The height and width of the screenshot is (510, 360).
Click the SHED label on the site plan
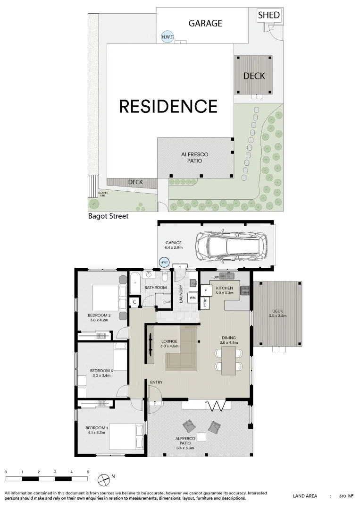[269, 16]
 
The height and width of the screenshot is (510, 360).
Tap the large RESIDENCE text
[168, 106]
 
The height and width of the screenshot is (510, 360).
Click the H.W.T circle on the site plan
[167, 37]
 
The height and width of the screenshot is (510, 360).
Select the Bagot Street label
[108, 217]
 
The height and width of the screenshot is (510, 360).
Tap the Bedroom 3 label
[101, 370]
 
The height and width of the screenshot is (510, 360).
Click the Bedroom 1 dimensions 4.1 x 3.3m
[98, 433]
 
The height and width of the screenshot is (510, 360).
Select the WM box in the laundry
[192, 298]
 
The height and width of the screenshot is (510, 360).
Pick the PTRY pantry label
[205, 303]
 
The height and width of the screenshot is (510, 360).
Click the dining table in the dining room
[228, 359]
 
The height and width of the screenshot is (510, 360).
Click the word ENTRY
[156, 382]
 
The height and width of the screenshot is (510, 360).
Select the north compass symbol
[103, 480]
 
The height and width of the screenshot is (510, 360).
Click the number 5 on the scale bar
[88, 472]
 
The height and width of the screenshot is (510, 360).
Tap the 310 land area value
[343, 496]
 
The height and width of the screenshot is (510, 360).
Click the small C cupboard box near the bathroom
[134, 301]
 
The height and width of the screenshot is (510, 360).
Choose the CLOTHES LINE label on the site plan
[103, 193]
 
